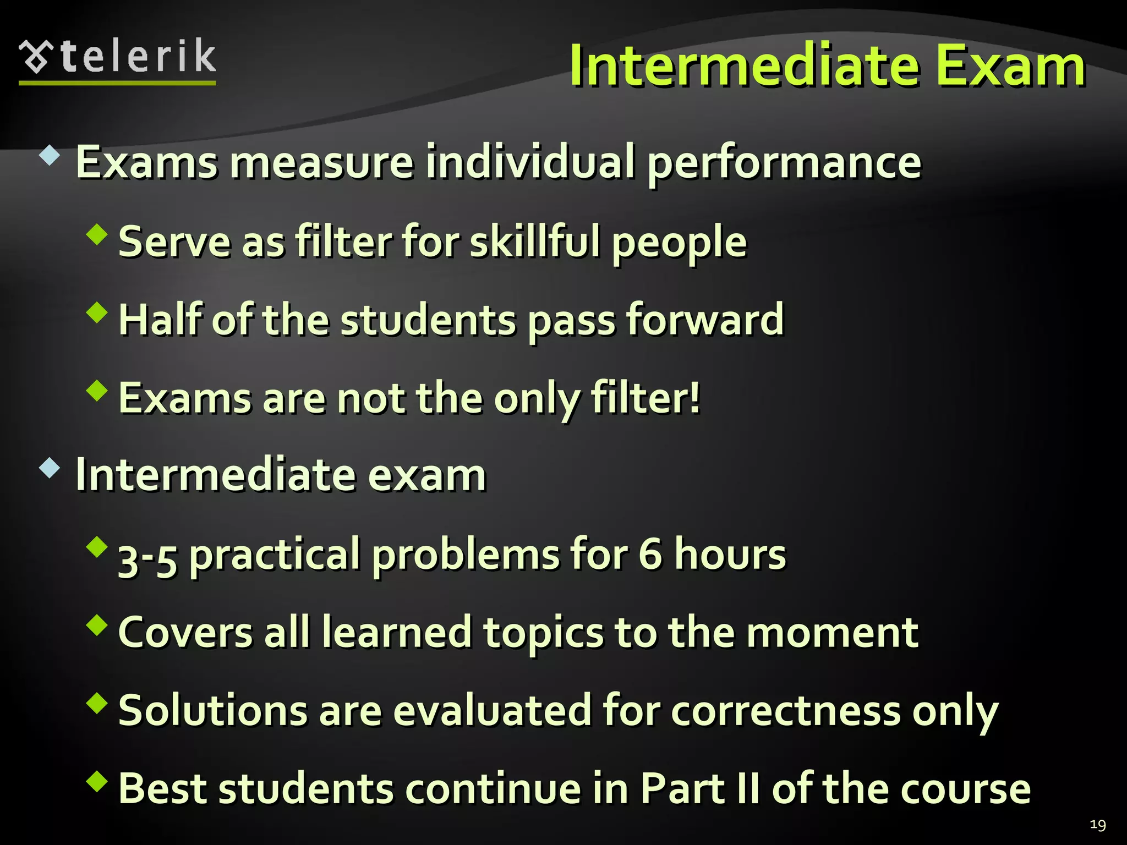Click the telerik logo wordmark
tap(138, 57)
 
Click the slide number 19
tap(1097, 825)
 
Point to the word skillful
tap(534, 242)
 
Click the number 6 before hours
tap(650, 555)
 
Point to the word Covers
tap(185, 633)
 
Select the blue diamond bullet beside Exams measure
tap(50, 156)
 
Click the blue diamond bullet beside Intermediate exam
tap(50, 468)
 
